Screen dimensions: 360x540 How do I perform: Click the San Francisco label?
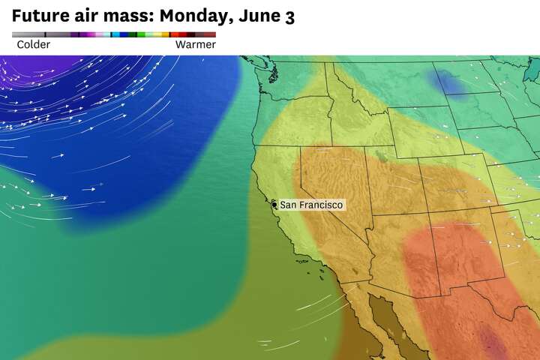311,205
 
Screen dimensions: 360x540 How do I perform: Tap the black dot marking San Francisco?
274,204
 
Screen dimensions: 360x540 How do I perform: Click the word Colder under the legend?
34,45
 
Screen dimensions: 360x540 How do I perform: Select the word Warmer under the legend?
195,45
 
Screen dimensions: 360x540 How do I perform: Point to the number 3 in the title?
289,16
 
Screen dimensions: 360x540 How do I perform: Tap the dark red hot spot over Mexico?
491,341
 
